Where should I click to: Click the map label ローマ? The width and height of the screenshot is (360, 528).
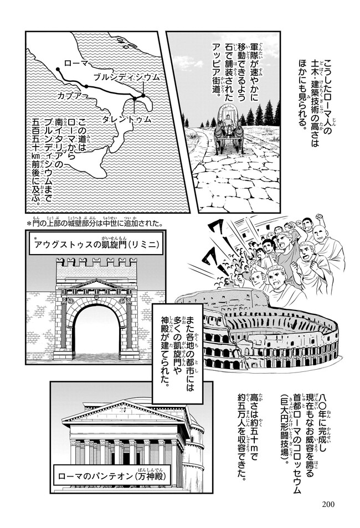click(76, 63)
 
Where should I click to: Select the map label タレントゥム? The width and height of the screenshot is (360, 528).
click(126, 120)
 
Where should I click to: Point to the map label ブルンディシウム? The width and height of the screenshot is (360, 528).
click(126, 77)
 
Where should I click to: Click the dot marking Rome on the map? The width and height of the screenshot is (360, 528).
click(58, 69)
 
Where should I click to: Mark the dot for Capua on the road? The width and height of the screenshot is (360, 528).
click(86, 86)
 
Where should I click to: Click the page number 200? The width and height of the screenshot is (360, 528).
click(328, 504)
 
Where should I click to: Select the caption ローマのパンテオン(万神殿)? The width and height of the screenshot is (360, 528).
click(112, 477)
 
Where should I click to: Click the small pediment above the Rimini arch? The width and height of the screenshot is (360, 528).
click(96, 284)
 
